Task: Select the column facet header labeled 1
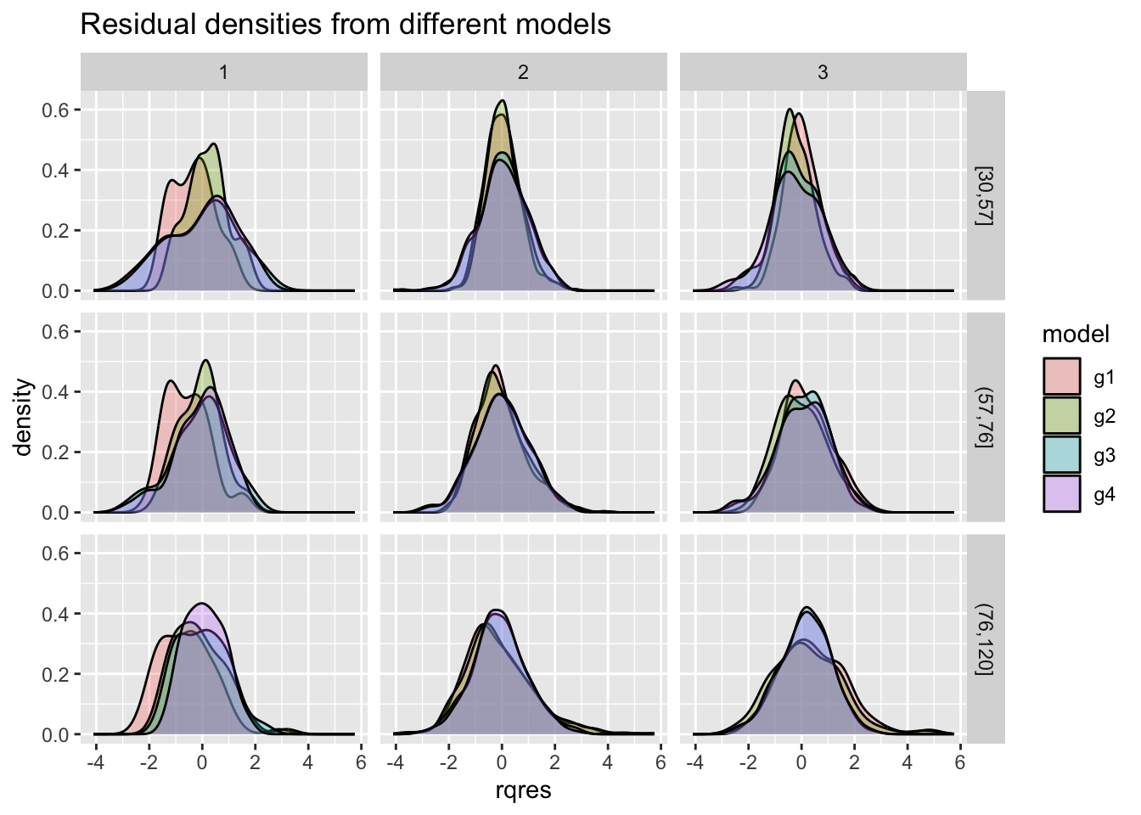point(223,72)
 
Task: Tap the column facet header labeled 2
point(523,72)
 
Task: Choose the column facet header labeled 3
point(823,72)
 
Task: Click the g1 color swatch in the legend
point(1062,377)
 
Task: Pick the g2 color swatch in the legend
point(1062,416)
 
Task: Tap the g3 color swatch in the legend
point(1062,455)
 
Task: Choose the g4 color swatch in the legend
point(1062,494)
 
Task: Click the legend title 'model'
point(1076,334)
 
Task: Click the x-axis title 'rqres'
point(523,791)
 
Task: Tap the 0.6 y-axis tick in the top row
point(56,110)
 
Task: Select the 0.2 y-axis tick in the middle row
point(56,452)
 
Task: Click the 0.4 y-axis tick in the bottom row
point(56,614)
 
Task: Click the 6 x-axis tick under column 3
point(960,762)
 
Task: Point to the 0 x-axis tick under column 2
point(502,762)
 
